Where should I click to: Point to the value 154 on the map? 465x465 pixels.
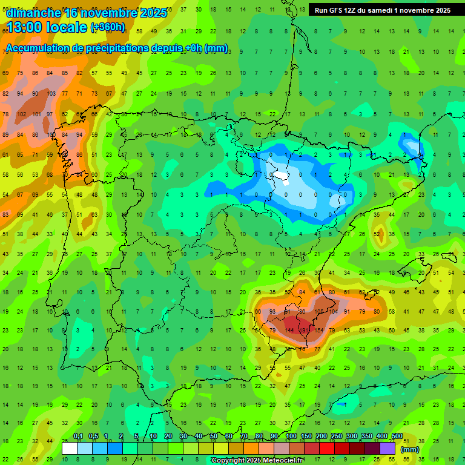click(303, 312)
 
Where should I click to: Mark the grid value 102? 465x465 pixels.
click(21, 114)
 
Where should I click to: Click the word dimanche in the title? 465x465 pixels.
click(34, 12)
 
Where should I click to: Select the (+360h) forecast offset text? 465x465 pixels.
click(108, 27)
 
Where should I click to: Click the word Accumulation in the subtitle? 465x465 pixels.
click(39, 48)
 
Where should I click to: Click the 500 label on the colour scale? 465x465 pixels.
click(397, 437)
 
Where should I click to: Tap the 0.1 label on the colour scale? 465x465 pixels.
click(78, 437)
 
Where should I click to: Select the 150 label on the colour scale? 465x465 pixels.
click(306, 437)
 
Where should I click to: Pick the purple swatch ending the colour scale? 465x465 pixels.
click(388, 448)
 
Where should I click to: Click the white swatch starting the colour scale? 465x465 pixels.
click(70, 448)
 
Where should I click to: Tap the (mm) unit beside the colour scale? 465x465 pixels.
click(410, 449)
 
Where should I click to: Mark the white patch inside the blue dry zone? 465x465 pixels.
click(280, 176)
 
